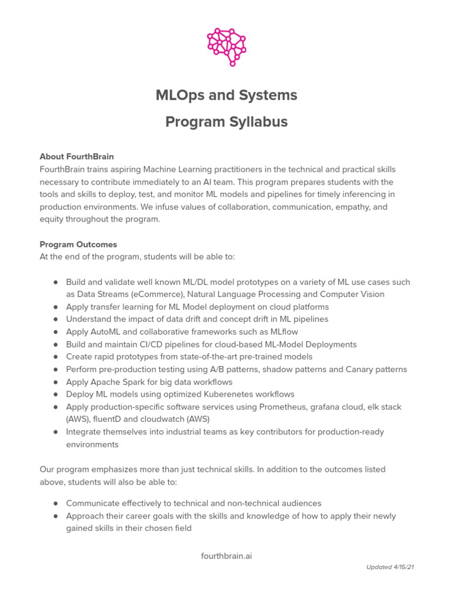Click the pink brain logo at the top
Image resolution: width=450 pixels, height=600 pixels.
click(226, 45)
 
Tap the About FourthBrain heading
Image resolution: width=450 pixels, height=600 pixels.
click(76, 156)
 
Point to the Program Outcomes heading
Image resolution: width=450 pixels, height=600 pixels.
click(78, 244)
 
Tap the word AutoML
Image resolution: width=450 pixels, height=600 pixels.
click(103, 332)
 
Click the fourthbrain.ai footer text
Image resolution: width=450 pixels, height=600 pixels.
click(226, 555)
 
